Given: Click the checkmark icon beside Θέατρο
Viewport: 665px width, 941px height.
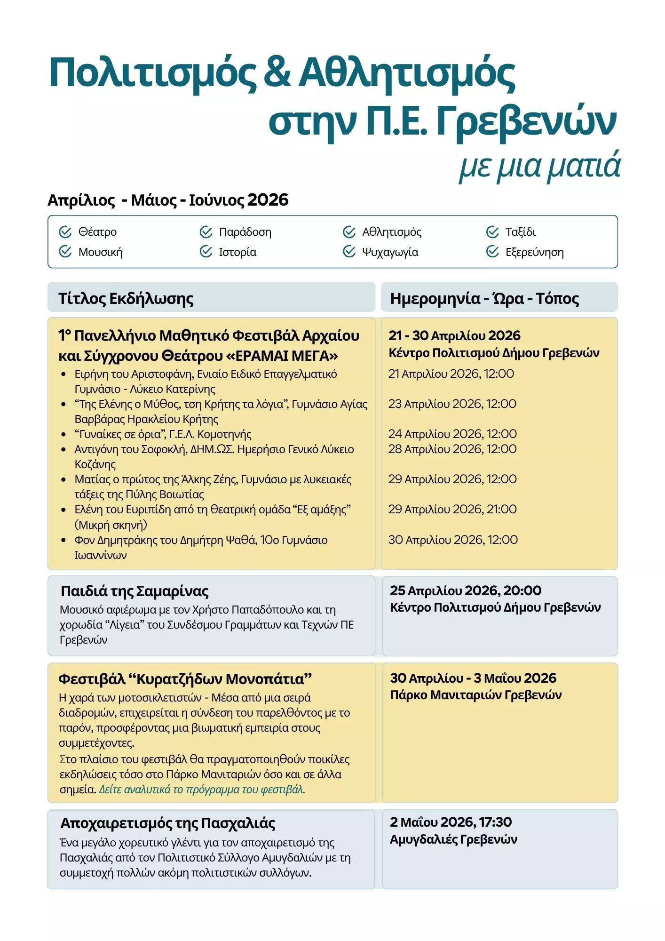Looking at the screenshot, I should pos(65,232).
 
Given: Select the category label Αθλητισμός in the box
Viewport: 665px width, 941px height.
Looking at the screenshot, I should pos(391,232).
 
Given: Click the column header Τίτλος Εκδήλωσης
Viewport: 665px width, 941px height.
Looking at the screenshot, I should pos(126,298).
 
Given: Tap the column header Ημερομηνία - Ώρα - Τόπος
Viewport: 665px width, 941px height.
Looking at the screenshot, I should pos(484,298).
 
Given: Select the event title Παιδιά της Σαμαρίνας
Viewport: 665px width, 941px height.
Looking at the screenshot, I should pos(135,591).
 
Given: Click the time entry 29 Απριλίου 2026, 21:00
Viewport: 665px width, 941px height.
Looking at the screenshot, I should pos(452,509).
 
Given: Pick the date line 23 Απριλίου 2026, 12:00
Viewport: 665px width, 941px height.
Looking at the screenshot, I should pos(452,404).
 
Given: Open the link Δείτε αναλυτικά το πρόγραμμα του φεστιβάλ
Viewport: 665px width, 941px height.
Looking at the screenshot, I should pos(202,789).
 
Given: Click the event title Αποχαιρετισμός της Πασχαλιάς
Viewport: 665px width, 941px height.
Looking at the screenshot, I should pos(168,823).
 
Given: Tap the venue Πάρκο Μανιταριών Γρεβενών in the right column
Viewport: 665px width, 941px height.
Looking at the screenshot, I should pos(475,695).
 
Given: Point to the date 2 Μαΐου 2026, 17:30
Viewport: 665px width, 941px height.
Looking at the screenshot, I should pos(451,822).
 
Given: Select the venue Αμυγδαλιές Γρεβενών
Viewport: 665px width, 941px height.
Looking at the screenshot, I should pos(453,839).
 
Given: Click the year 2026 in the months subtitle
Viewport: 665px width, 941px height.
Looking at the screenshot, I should pos(268,200).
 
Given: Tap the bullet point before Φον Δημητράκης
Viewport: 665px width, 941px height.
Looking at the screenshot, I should pos(63,540).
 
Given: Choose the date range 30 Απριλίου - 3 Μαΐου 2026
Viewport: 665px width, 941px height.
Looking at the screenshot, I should pos(473,678).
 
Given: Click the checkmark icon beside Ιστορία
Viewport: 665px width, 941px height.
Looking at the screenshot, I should pos(206,252).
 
